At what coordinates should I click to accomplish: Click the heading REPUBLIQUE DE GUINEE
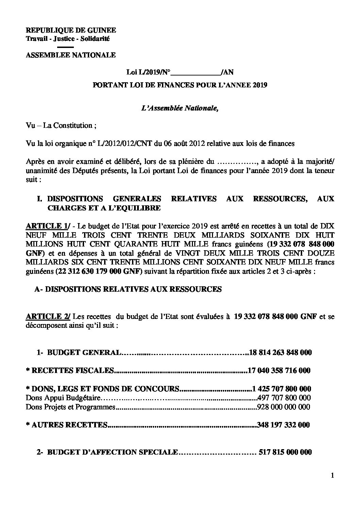tap(71, 30)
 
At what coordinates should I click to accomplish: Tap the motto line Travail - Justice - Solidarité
tap(68, 39)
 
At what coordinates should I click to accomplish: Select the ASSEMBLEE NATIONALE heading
tap(71, 55)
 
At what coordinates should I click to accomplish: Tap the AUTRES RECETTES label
tap(69, 425)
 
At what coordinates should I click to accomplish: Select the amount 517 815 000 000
tap(285, 452)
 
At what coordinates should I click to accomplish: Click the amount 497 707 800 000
tap(284, 397)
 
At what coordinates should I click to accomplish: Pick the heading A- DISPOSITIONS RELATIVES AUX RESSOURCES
tap(128, 289)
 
